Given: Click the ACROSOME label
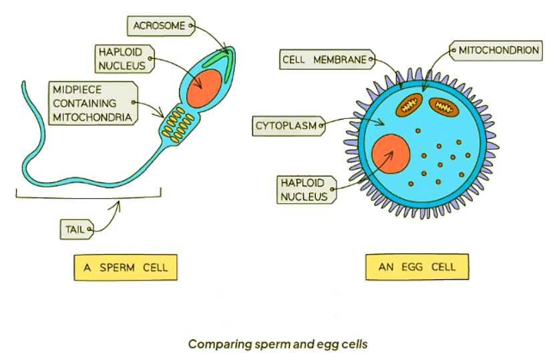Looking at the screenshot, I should click(159, 25).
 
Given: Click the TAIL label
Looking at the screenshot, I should click(74, 229).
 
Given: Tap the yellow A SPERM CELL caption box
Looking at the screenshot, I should click(126, 268).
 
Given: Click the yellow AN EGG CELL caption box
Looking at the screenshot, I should click(417, 267).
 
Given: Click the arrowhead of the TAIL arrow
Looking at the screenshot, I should click(118, 202).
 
